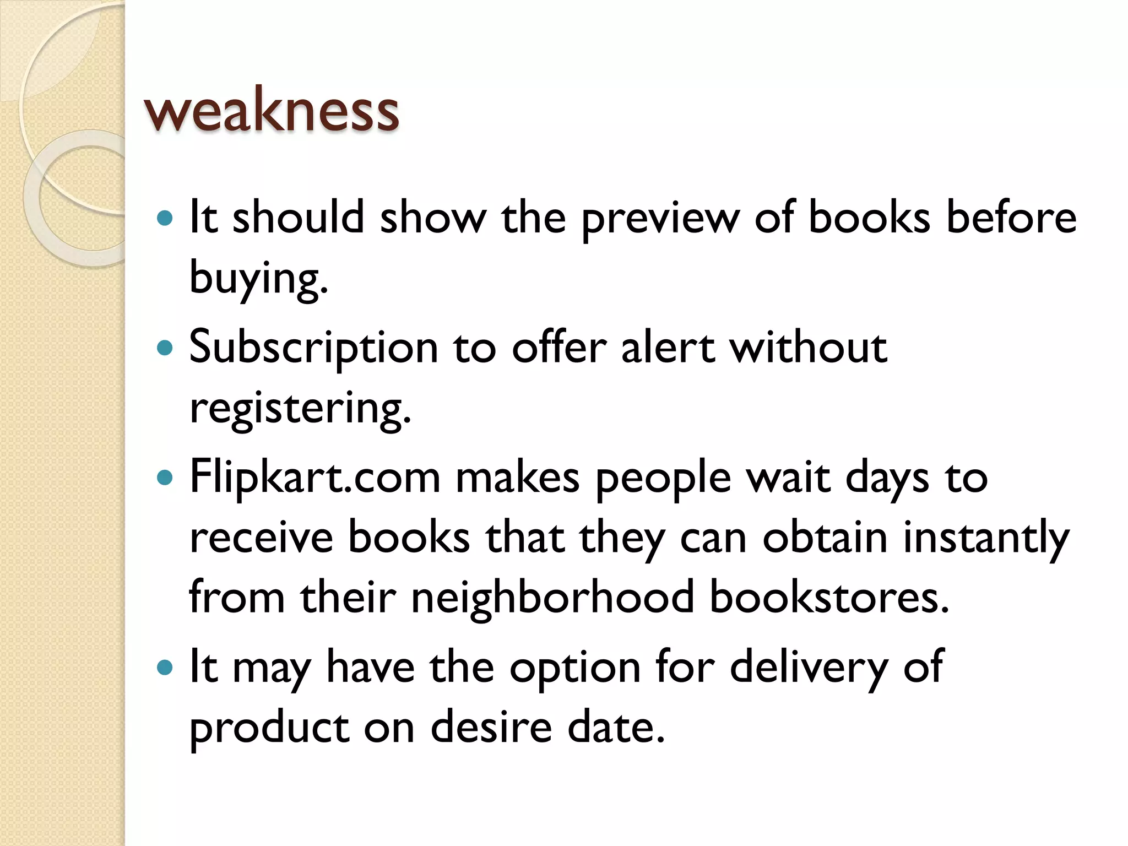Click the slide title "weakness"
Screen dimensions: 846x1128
click(271, 111)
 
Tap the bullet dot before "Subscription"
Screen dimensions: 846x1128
click(165, 348)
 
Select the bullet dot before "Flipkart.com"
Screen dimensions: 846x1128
click(165, 477)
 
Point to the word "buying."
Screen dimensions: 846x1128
click(258, 279)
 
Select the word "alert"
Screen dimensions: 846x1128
click(668, 348)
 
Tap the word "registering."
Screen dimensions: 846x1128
click(300, 409)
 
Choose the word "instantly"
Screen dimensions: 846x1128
click(986, 539)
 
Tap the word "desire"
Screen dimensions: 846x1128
click(491, 727)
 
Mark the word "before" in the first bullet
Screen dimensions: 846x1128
click(1011, 217)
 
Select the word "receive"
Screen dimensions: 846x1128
click(261, 539)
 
